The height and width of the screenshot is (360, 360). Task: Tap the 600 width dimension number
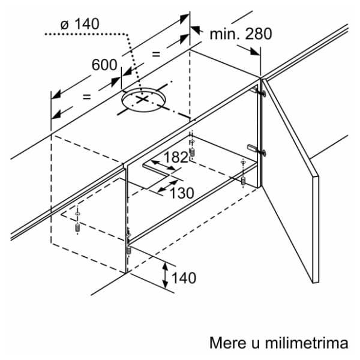tap(104, 65)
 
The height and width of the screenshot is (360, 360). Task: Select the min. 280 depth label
tap(240, 34)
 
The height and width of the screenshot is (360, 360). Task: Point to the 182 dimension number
tap(176, 157)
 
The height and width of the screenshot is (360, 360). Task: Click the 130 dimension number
tap(181, 193)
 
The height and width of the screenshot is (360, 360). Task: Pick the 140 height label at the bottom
tap(184, 278)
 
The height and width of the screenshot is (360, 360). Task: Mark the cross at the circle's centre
tap(143, 100)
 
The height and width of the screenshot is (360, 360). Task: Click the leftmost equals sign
tap(86, 96)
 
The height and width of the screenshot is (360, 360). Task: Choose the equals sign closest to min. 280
tap(157, 54)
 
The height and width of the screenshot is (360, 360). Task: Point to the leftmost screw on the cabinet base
tap(77, 226)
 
